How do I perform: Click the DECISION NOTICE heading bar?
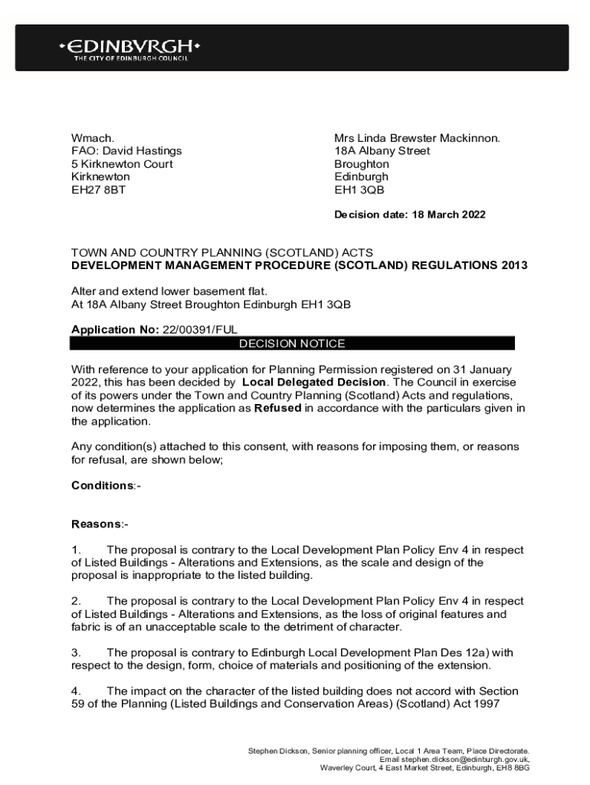click(x=292, y=343)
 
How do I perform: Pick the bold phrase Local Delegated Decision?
click(x=313, y=382)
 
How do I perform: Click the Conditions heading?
click(x=103, y=486)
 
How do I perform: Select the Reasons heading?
click(x=97, y=524)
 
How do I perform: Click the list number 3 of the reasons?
click(x=76, y=652)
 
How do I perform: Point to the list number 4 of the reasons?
click(x=76, y=691)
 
